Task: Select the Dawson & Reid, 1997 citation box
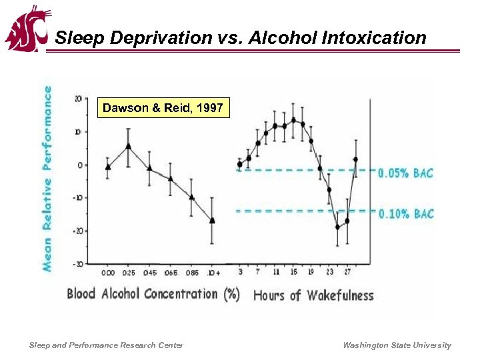(x=163, y=108)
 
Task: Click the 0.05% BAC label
(x=405, y=173)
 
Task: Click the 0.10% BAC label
(x=405, y=213)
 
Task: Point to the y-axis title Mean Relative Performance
(x=48, y=177)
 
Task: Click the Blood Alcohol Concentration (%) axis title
(x=153, y=294)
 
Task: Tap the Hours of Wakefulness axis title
(x=313, y=295)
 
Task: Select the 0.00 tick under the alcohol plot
(x=107, y=273)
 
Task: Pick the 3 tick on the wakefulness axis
(x=240, y=273)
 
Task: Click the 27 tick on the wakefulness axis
(x=347, y=273)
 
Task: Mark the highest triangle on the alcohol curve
(x=128, y=145)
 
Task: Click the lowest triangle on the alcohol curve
(x=212, y=220)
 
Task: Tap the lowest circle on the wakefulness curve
(x=337, y=227)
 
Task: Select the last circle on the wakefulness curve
(x=355, y=159)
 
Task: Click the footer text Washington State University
(x=397, y=345)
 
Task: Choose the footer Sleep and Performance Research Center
(x=106, y=345)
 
